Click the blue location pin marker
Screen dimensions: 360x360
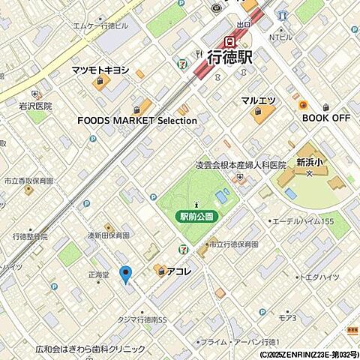tap(125, 274)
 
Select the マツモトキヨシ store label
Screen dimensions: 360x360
tap(100, 70)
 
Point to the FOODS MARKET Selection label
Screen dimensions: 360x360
tap(137, 120)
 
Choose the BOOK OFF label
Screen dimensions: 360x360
tap(326, 118)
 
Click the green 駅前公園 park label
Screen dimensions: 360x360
tap(196, 216)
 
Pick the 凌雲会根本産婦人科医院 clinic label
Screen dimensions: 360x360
tap(241, 165)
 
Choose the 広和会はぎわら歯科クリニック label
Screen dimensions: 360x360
tap(90, 349)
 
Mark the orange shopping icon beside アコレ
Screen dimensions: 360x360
tap(160, 269)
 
